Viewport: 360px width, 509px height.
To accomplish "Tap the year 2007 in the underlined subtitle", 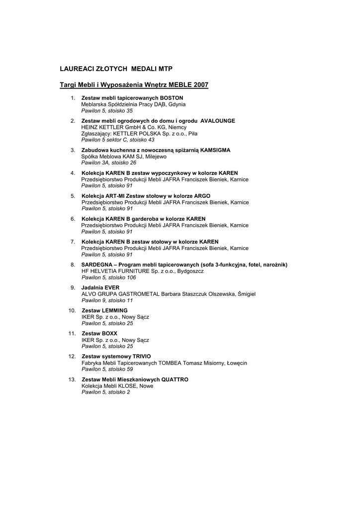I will pos(200,85).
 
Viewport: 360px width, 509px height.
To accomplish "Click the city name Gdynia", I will pos(177,104).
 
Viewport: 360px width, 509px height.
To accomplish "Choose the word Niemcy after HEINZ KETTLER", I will pos(177,127).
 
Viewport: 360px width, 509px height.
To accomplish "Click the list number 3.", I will pos(73,150).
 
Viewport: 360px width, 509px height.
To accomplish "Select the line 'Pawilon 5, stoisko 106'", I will pos(108,277).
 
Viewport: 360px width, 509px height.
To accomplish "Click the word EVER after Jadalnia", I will pos(112,287).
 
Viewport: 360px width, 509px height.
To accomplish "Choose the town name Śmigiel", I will pos(247,294).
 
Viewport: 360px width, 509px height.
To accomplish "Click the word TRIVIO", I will pos(141,356).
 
